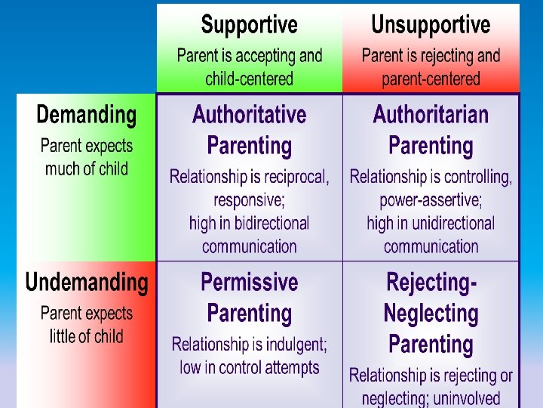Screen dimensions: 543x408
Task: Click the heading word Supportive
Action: coord(249,25)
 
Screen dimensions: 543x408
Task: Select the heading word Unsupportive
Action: coord(431,25)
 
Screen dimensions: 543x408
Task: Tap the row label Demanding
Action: coord(87,116)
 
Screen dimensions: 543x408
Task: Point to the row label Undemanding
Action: coord(87,283)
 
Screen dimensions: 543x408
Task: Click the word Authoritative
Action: coord(249,115)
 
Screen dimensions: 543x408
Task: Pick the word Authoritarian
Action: coord(431,115)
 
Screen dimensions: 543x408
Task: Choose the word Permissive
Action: coord(249,283)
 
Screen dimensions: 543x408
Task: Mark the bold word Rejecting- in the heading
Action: coord(431,283)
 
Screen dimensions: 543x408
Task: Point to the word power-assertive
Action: coord(431,201)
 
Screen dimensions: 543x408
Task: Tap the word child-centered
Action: coord(249,79)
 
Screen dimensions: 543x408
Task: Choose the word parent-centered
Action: coord(431,79)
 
